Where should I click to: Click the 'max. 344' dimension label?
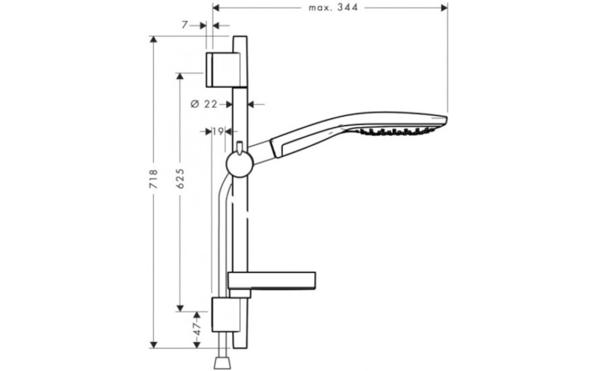(333, 7)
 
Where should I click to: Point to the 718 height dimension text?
(153, 179)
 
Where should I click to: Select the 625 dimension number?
(180, 178)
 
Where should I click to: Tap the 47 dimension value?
(196, 329)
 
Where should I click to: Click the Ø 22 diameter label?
(204, 104)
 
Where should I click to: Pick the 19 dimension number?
(218, 132)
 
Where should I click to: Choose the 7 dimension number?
(184, 25)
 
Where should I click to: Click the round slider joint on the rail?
(239, 164)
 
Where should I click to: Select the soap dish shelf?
(271, 281)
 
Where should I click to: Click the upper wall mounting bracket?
(223, 70)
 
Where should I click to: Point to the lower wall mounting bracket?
(225, 314)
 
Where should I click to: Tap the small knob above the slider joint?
(239, 148)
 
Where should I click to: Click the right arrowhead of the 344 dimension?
(444, 7)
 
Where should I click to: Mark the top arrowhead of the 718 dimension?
(153, 40)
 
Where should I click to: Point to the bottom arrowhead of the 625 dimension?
(180, 308)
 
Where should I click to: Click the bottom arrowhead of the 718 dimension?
(153, 344)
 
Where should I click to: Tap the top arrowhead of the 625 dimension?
(180, 77)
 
